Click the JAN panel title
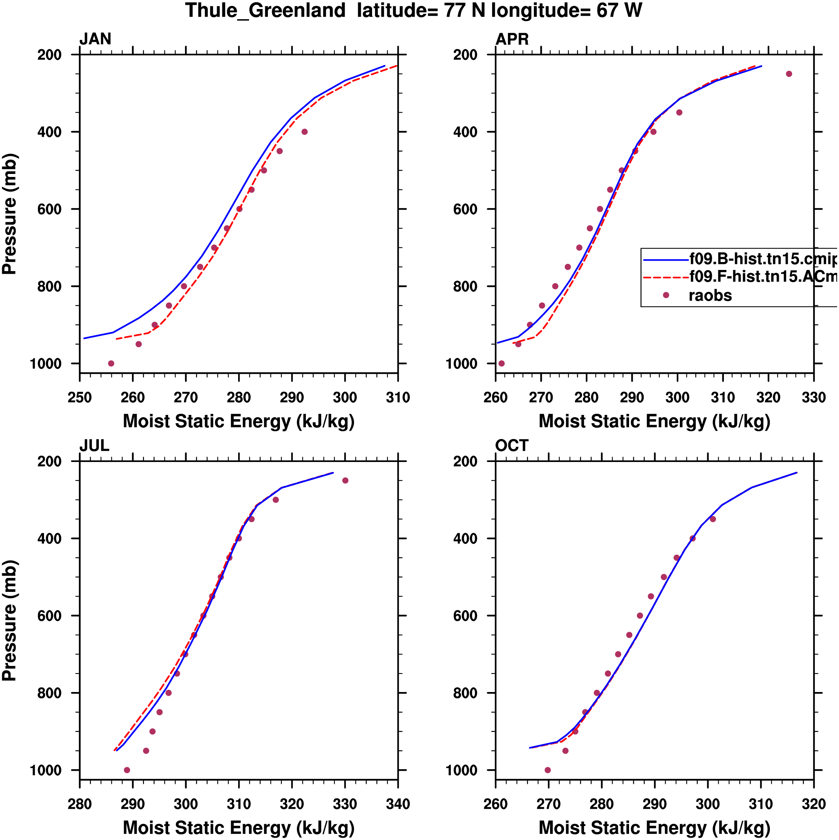click(x=95, y=39)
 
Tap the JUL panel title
click(x=94, y=446)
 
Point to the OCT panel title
click(x=511, y=446)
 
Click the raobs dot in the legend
click(x=666, y=295)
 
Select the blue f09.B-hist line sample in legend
click(x=666, y=260)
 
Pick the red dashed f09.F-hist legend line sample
click(x=666, y=277)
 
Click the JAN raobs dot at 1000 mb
click(x=111, y=363)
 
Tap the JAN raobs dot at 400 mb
click(x=305, y=132)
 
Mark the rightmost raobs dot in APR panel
click(x=789, y=74)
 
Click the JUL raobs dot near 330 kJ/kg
click(x=345, y=480)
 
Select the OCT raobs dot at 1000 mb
click(x=547, y=770)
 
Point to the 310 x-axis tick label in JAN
click(x=398, y=397)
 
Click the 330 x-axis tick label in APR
click(x=814, y=397)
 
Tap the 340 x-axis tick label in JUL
click(x=398, y=804)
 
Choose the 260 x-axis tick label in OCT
click(x=496, y=804)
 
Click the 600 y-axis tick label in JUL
click(x=50, y=616)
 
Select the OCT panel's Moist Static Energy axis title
click(x=654, y=828)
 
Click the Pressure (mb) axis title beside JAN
click(x=9, y=214)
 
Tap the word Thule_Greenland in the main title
click(x=266, y=11)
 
